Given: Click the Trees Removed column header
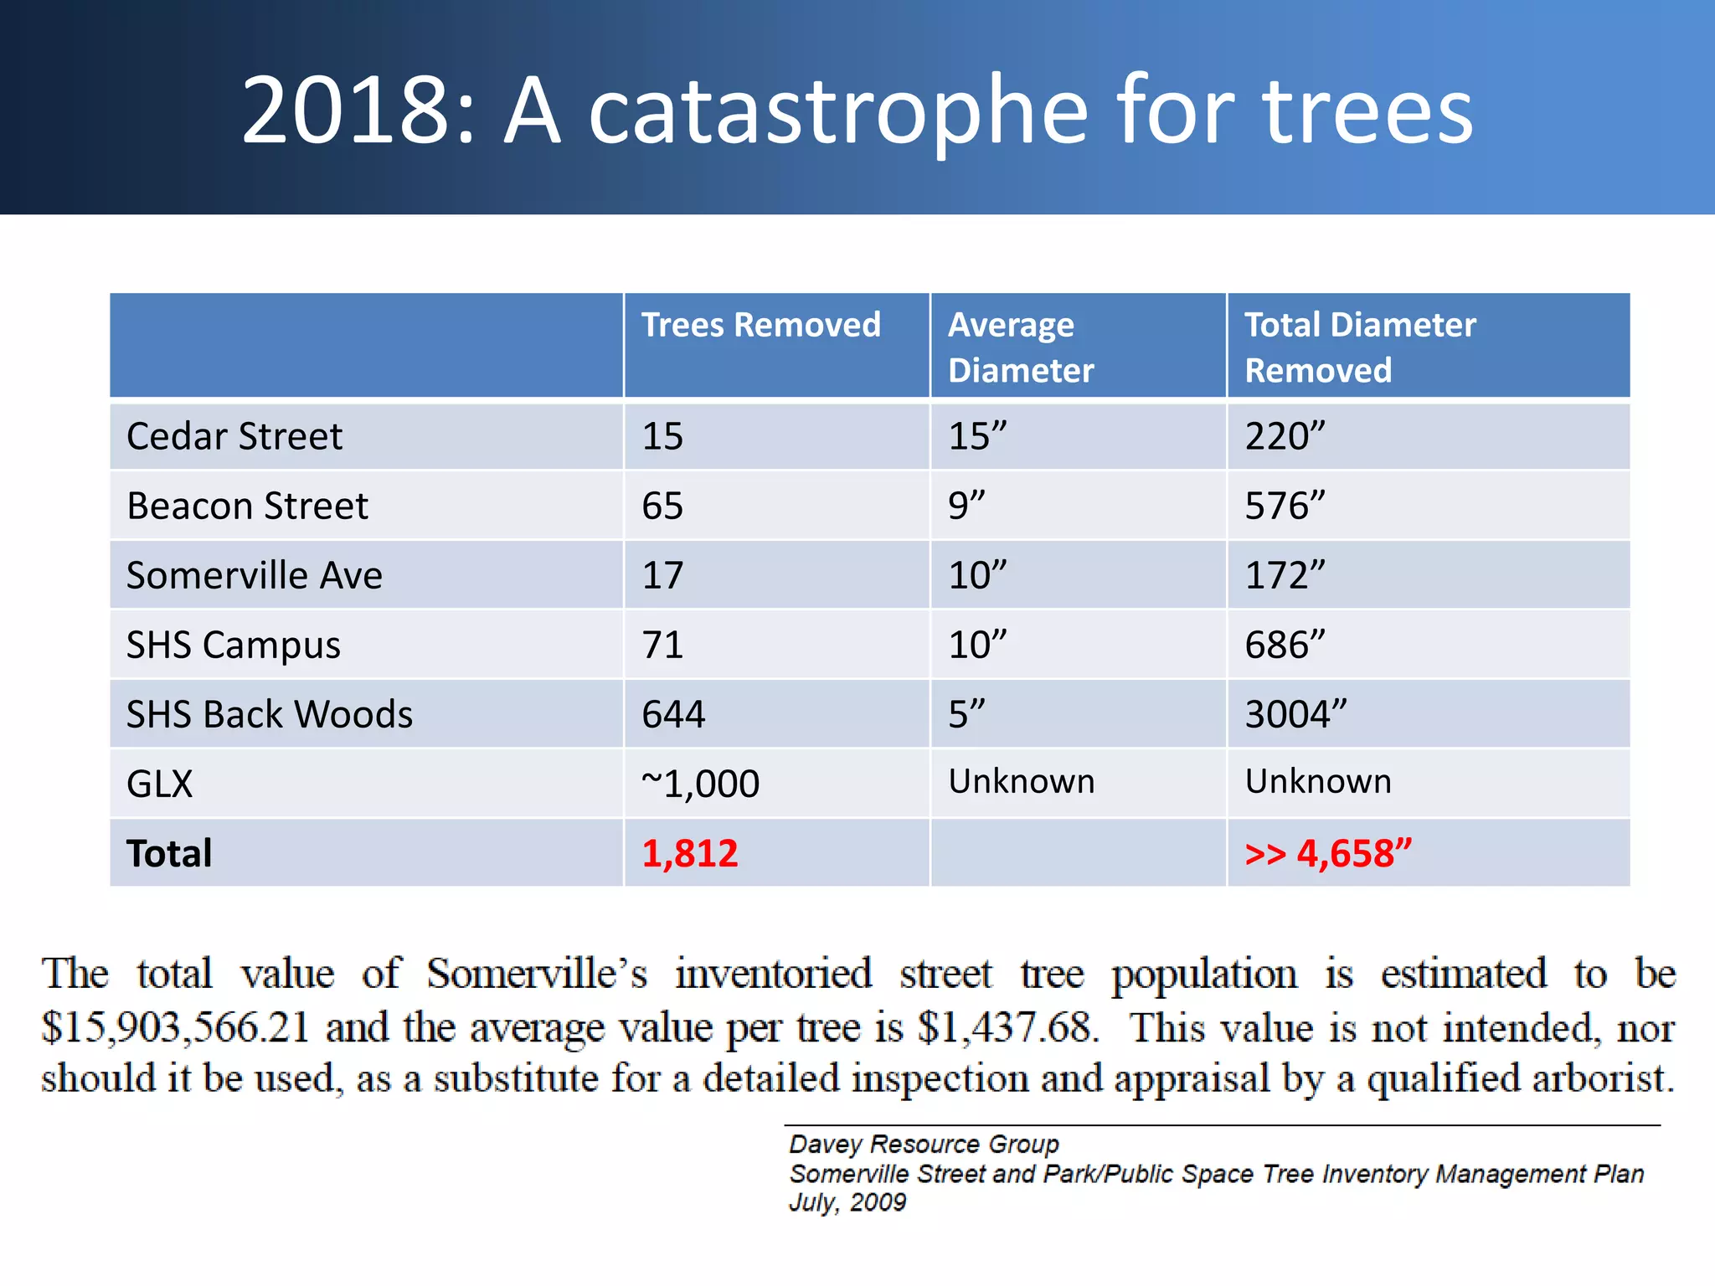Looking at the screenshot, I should (760, 325).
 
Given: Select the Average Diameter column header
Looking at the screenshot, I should (1020, 347).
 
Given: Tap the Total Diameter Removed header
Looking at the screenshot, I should (1359, 347).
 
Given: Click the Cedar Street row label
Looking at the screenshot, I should (234, 436).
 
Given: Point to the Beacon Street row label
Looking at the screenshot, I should (247, 506).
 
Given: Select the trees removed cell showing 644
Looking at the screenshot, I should (673, 714).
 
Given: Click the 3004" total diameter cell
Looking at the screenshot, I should (1295, 714).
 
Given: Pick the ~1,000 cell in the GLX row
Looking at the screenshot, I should (700, 784).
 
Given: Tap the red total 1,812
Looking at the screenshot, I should (690, 853).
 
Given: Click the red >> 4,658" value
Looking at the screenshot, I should (1328, 853).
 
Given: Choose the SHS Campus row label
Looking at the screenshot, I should (234, 645).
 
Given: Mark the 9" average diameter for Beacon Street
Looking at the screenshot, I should (966, 506).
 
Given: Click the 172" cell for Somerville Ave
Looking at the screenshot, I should (1285, 575).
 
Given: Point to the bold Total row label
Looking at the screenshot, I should (169, 853).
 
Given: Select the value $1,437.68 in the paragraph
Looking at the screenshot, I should (1007, 1026).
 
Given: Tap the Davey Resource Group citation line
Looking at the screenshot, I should (924, 1144).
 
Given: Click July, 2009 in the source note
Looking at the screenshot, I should (847, 1202).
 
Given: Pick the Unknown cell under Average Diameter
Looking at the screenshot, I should (1021, 781).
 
